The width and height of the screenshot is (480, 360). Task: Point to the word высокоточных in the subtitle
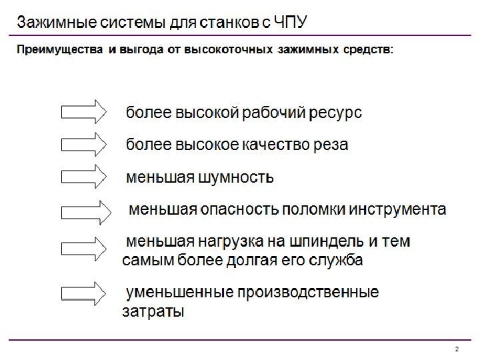point(229,51)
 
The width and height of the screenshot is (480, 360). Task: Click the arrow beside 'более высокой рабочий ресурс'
point(83,111)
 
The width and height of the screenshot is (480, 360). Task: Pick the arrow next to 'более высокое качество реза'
point(83,144)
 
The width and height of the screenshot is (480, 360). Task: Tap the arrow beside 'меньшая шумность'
point(83,177)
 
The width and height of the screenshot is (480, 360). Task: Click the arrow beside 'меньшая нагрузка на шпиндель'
point(83,248)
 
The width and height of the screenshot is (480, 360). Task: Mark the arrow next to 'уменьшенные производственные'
point(83,293)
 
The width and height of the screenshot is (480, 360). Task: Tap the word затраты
point(153,311)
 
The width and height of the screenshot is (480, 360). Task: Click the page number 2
point(457,349)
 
